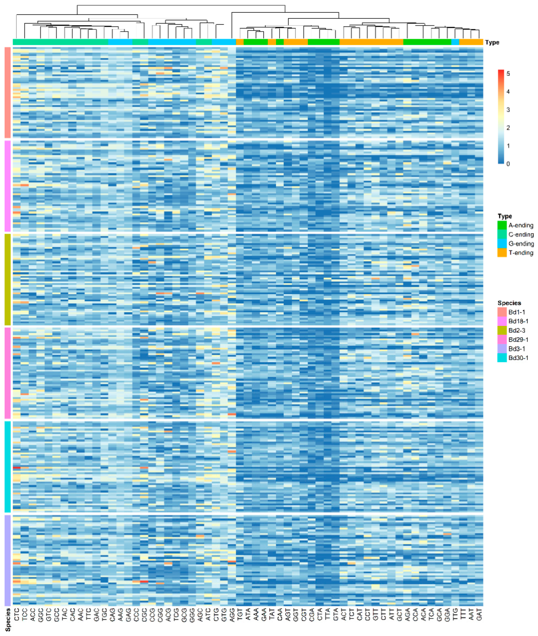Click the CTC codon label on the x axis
17,614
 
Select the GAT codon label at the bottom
479,614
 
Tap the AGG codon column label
232,614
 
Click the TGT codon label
240,614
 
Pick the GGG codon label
192,614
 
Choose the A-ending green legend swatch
502,225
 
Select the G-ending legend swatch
502,243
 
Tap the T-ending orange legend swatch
502,253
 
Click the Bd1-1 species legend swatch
502,312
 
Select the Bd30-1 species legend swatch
502,358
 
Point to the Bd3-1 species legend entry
517,349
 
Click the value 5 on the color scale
508,74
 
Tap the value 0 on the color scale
508,164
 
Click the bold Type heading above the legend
504,216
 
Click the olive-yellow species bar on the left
8,279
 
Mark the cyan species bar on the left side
8,467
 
